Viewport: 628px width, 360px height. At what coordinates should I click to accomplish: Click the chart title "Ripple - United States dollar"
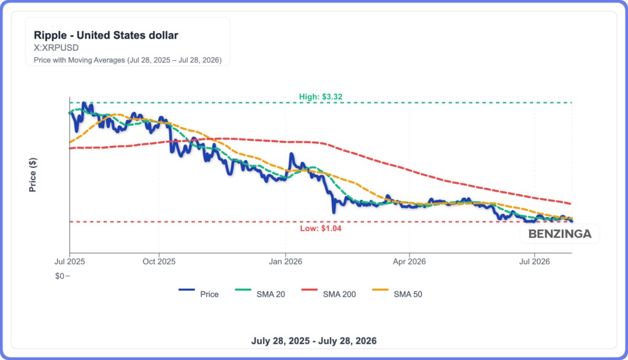click(x=106, y=35)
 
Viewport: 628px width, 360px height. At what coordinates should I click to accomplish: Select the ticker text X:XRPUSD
click(x=56, y=48)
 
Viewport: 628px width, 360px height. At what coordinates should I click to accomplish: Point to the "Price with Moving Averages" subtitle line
click(x=128, y=60)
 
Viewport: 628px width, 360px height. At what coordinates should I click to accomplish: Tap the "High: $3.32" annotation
click(x=321, y=97)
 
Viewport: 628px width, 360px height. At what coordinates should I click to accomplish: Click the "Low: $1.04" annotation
click(x=321, y=229)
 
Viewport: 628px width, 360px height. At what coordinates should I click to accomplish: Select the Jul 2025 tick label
click(x=70, y=261)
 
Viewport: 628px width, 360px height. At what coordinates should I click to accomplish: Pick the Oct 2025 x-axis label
click(x=159, y=261)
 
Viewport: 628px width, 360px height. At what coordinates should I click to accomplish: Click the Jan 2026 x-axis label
click(x=286, y=261)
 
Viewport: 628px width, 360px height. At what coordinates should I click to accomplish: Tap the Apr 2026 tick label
click(x=409, y=261)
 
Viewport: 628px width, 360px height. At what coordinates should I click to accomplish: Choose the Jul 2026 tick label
click(x=535, y=261)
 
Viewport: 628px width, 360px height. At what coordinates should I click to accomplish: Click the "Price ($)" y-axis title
click(x=33, y=175)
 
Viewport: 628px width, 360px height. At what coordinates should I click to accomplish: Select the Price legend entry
click(x=199, y=294)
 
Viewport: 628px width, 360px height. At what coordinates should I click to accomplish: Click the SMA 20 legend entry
click(x=260, y=294)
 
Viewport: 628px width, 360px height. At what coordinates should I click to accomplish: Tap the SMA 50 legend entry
click(x=397, y=294)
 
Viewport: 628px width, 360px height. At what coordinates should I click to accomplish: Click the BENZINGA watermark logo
click(x=559, y=234)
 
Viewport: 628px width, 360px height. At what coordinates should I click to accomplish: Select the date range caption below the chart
click(x=314, y=341)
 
